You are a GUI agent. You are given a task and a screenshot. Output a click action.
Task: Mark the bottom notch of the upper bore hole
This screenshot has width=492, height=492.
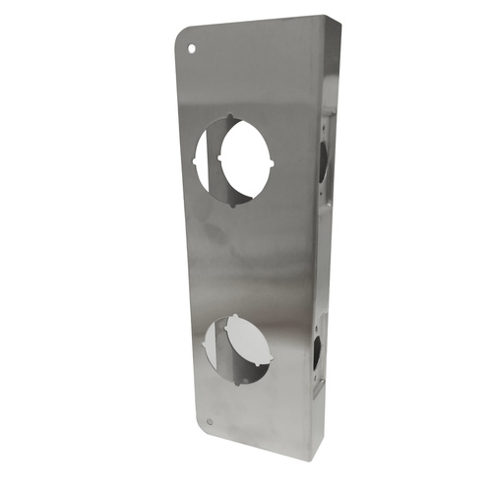coord(232,207)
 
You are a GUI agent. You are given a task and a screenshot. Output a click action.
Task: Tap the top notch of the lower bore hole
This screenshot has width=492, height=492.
coord(235,316)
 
